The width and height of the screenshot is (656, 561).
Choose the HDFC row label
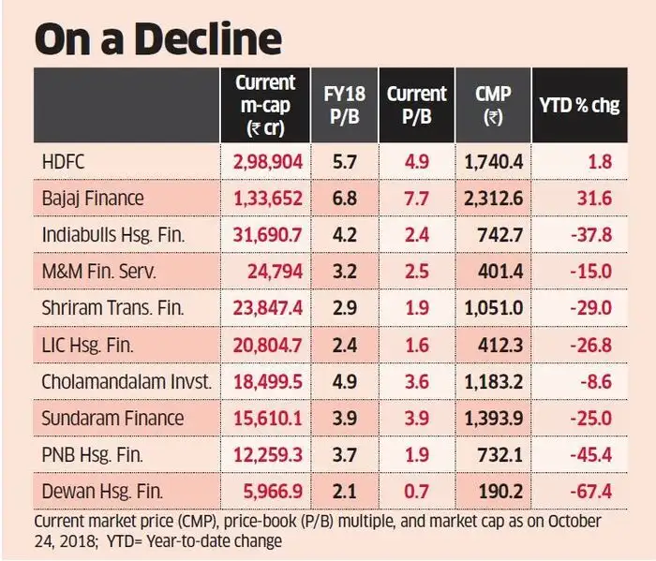click(x=64, y=162)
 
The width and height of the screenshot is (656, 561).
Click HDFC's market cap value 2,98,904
click(x=268, y=162)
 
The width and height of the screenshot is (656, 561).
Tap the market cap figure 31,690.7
click(x=268, y=234)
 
